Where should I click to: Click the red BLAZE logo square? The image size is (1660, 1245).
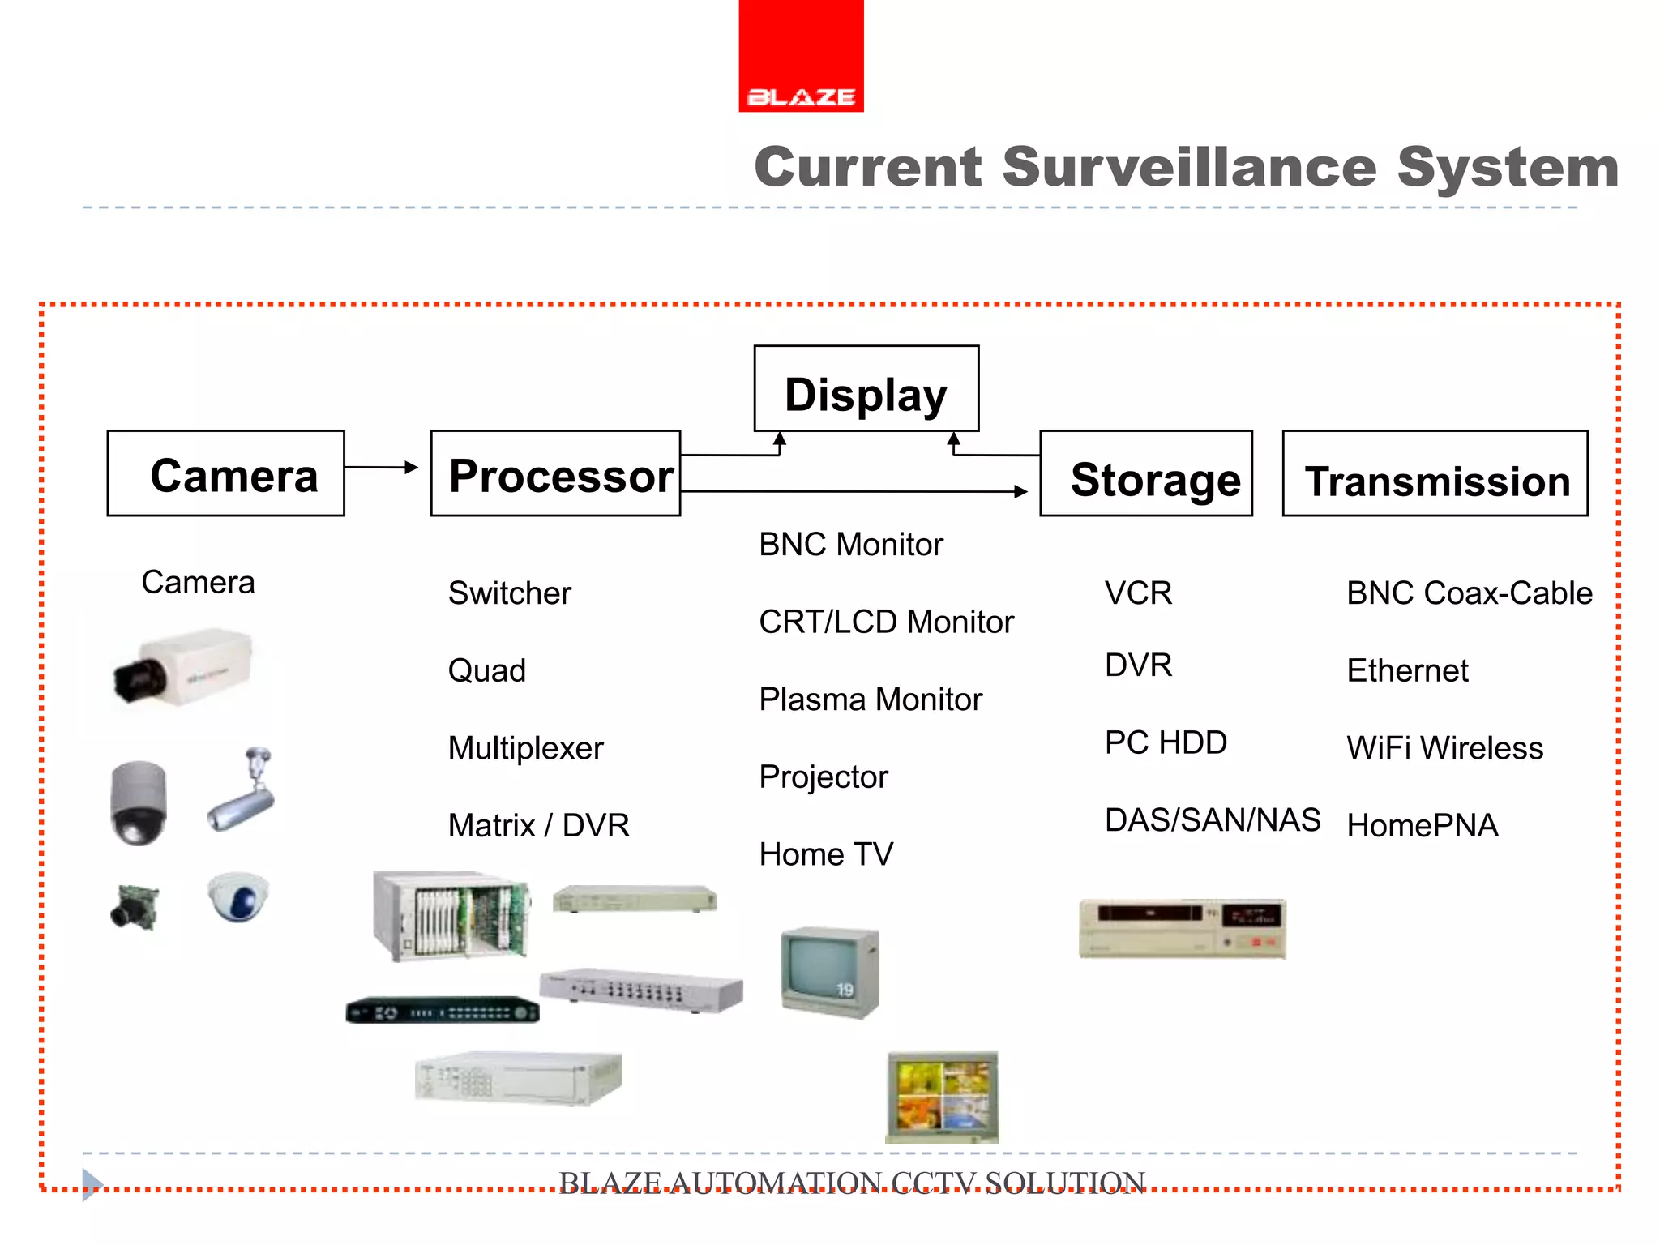(x=801, y=55)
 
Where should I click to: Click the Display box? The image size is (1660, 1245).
(x=866, y=389)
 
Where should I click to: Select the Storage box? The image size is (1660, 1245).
(x=1145, y=474)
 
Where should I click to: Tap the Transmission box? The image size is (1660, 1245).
(x=1435, y=474)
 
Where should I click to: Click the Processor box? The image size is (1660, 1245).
(x=556, y=474)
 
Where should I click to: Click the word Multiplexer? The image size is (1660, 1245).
(x=525, y=748)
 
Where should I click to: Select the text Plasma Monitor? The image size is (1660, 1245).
(x=870, y=700)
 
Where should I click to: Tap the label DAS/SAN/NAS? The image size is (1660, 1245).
(x=1212, y=820)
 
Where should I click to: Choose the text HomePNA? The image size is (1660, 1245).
(x=1422, y=826)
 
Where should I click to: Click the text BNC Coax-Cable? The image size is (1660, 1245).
(x=1469, y=593)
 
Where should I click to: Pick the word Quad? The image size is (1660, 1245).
(x=486, y=671)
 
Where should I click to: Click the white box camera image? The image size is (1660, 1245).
(x=182, y=668)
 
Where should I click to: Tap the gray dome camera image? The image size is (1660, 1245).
(x=139, y=802)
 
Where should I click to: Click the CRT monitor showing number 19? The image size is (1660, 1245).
(x=829, y=971)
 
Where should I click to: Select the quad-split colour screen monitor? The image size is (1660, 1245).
(x=943, y=1097)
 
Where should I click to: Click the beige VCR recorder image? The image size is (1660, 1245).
(x=1182, y=929)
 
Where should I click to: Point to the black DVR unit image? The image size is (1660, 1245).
(x=443, y=1011)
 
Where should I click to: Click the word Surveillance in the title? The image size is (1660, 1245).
(x=1189, y=167)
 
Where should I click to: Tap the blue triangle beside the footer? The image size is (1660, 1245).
(x=92, y=1184)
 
